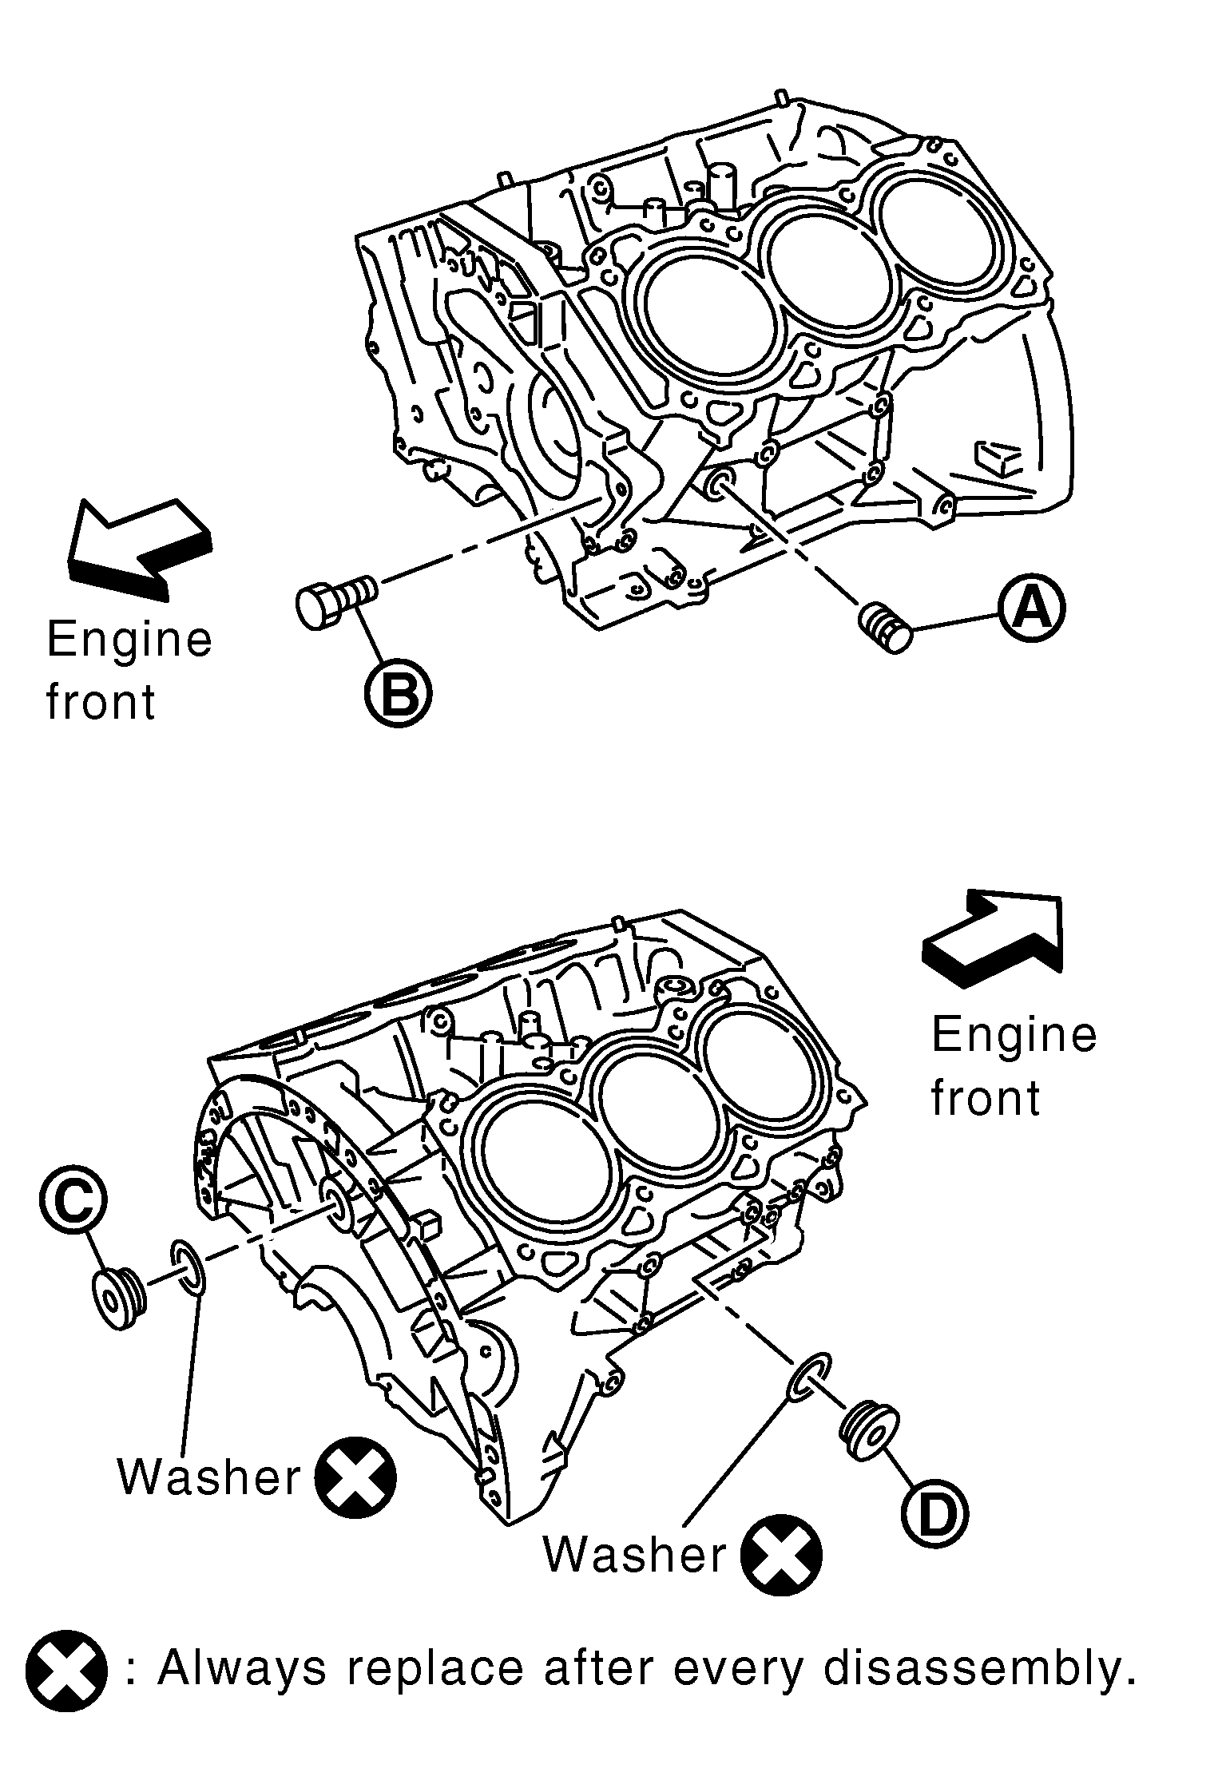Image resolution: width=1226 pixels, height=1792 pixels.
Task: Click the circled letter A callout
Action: (x=1032, y=610)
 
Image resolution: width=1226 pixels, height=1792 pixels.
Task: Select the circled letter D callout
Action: (x=935, y=1512)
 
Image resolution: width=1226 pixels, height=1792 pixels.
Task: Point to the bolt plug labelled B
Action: (x=335, y=603)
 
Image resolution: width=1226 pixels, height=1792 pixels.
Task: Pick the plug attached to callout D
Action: (x=868, y=1431)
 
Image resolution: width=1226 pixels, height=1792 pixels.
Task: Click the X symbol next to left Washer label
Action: (x=355, y=1477)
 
